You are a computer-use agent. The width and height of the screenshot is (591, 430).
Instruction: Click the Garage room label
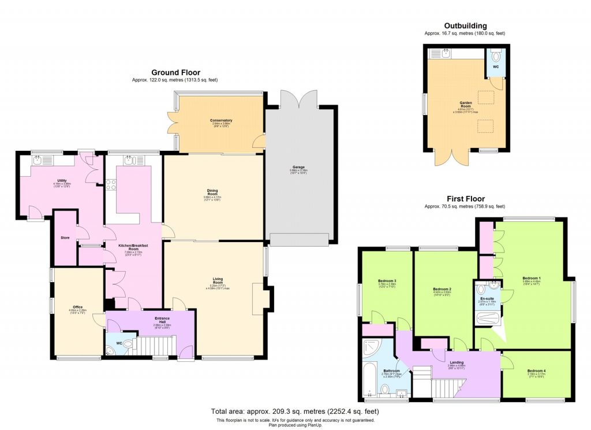coord(298,166)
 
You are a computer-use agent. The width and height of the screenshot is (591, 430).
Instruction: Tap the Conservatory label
coord(221,120)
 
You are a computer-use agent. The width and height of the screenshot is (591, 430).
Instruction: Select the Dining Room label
coord(213,192)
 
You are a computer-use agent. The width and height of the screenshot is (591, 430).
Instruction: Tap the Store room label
coord(65,237)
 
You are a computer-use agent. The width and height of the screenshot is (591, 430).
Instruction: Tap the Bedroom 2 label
coord(442,288)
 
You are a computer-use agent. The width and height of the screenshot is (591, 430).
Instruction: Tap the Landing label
coord(457,362)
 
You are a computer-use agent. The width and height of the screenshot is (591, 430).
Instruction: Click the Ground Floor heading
coord(175,72)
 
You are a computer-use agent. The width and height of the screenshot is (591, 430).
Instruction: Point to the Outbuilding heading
coord(465,25)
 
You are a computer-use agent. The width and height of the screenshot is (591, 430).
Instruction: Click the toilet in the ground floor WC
coord(128,345)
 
